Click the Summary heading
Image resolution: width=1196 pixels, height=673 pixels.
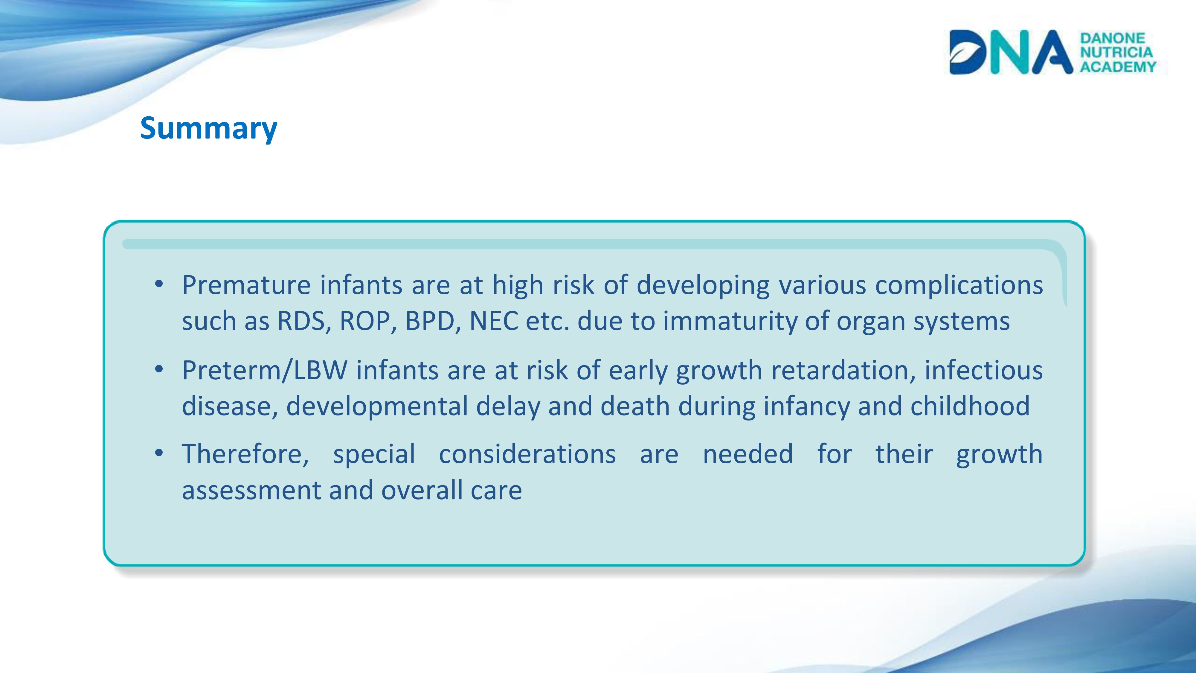click(x=208, y=129)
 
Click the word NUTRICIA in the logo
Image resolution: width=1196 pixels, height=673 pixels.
click(x=1116, y=52)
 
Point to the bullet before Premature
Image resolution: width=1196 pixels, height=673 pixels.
click(x=159, y=284)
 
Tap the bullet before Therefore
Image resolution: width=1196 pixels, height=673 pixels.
click(x=159, y=453)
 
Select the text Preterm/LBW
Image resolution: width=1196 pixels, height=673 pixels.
click(x=265, y=371)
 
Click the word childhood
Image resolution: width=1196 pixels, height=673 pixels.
click(x=970, y=406)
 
